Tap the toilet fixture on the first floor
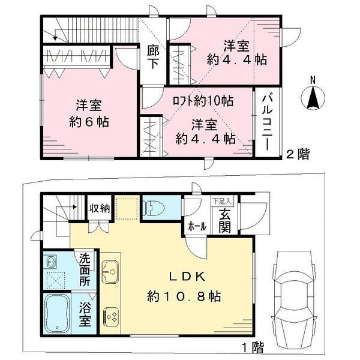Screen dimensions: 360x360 [x=154, y=208]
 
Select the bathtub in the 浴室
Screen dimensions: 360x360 [x=57, y=313]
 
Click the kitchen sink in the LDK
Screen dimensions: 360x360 [x=110, y=272]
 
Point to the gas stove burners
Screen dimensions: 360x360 [x=110, y=317]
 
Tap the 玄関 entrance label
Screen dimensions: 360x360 [x=224, y=221]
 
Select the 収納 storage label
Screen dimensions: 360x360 [x=100, y=208]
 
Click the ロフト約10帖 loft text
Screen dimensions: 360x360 [x=203, y=101]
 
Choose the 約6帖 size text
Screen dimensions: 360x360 [x=89, y=122]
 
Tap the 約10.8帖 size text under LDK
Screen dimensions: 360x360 [x=184, y=296]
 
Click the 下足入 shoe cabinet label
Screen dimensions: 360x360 [x=222, y=202]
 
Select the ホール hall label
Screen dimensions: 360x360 [x=197, y=227]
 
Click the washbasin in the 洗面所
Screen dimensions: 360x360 [x=50, y=262]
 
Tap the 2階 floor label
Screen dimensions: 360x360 [x=298, y=154]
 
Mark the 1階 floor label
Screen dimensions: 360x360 [x=253, y=347]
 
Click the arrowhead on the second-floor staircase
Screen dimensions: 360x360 [x=55, y=38]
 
